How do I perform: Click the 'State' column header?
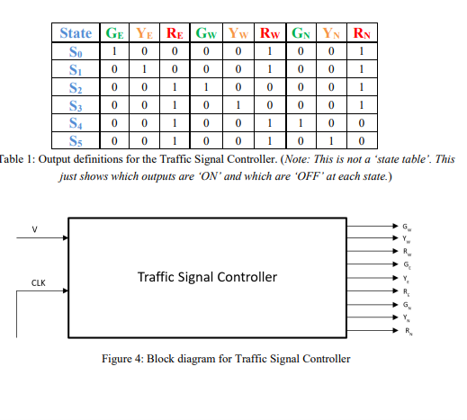(x=75, y=33)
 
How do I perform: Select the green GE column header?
(x=115, y=33)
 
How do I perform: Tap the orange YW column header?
(x=240, y=33)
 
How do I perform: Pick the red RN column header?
(x=360, y=33)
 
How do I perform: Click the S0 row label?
(x=75, y=51)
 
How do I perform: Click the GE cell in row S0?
(x=114, y=51)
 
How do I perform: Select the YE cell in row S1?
(x=143, y=69)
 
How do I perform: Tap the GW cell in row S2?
(x=206, y=87)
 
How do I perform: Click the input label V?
(x=35, y=228)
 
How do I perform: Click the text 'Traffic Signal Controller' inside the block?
(x=207, y=276)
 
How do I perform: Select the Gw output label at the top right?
(x=411, y=225)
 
